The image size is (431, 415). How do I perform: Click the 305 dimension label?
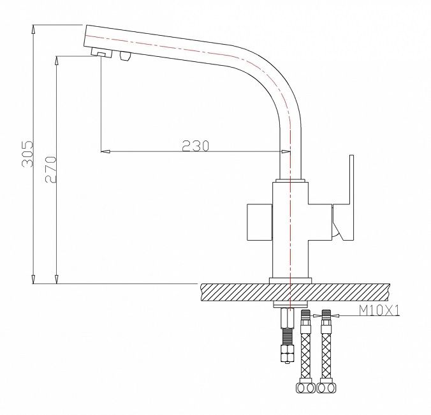coord(27,154)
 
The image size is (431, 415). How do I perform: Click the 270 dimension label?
coord(51,170)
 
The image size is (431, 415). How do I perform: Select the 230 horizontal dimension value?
coord(196,146)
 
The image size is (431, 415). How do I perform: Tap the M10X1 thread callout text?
coord(379,311)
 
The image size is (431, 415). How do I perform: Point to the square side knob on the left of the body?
coord(259,222)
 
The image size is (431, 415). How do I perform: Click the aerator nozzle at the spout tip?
coord(101,53)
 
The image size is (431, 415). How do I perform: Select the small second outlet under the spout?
coord(126,56)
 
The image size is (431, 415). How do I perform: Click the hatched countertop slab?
coord(295,292)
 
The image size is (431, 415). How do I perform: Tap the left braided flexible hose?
coord(305,356)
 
